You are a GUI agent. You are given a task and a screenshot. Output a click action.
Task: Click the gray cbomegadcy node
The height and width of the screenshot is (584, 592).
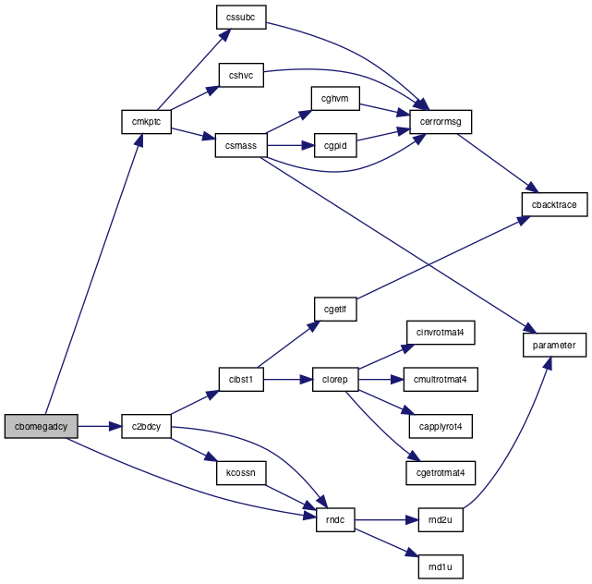(42, 426)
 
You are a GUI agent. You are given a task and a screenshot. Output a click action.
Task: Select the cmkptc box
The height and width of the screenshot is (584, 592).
(146, 122)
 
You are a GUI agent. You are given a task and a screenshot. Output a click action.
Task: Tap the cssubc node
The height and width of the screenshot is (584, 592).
(241, 17)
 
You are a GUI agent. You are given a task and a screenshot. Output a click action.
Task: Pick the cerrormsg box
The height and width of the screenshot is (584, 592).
(441, 122)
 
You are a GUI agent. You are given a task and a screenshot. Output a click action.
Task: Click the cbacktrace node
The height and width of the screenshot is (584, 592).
(554, 204)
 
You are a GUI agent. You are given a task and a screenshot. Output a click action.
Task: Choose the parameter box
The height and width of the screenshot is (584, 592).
(554, 345)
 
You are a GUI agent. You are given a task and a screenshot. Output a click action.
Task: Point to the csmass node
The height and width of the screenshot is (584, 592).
(241, 145)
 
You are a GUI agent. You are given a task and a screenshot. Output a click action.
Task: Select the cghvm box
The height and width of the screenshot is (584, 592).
(335, 98)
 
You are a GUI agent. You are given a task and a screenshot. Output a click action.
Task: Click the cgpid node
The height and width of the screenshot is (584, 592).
(335, 145)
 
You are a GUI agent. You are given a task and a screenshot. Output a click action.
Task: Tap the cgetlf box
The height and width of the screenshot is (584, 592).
(335, 309)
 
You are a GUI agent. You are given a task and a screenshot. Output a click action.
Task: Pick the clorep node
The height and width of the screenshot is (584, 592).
(335, 379)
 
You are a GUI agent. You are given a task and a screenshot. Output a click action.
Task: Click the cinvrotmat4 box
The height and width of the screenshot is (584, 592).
(441, 333)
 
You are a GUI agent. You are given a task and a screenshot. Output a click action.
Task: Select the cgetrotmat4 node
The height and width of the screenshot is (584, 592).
(441, 473)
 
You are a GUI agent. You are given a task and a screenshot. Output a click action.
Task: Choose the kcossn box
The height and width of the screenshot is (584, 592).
(241, 473)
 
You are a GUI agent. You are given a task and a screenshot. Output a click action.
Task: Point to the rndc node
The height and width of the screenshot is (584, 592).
(335, 520)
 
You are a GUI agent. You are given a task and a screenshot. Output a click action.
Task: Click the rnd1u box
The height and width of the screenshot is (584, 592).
(441, 566)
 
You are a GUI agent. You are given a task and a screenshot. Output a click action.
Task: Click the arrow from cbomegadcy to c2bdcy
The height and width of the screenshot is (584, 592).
(100, 426)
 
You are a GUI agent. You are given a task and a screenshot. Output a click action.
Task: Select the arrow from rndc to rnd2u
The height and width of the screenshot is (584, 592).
(387, 520)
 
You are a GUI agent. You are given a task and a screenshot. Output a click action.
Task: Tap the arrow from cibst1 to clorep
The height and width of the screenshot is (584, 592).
(288, 379)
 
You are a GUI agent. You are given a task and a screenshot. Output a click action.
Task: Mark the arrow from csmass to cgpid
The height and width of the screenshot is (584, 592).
(291, 145)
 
